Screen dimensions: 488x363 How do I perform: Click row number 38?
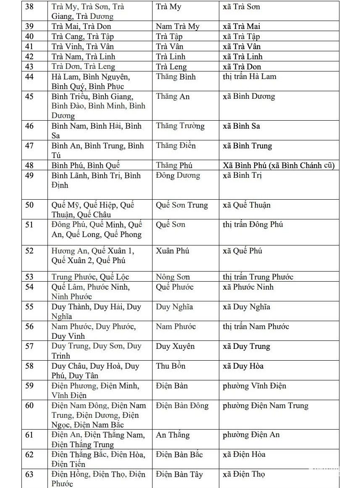coord(29,7)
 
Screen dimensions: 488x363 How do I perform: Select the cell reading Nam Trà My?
coord(177,26)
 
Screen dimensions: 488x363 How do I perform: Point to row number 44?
coord(29,77)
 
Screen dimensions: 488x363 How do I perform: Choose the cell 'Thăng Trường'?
coord(180,126)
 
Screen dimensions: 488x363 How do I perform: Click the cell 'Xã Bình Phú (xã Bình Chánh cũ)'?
coord(279,165)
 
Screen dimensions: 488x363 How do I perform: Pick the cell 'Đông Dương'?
coord(178,176)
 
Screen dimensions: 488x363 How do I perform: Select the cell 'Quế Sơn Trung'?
coord(181,205)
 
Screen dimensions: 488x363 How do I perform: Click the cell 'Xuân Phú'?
coord(172,251)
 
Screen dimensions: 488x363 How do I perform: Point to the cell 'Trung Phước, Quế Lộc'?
coord(90,277)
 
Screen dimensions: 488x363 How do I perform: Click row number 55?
coord(29,307)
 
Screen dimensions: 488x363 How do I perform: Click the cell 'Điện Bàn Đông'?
coord(182,406)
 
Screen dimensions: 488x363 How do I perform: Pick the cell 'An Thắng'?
coord(173,435)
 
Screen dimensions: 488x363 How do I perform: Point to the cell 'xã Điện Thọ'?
coord(244,475)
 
